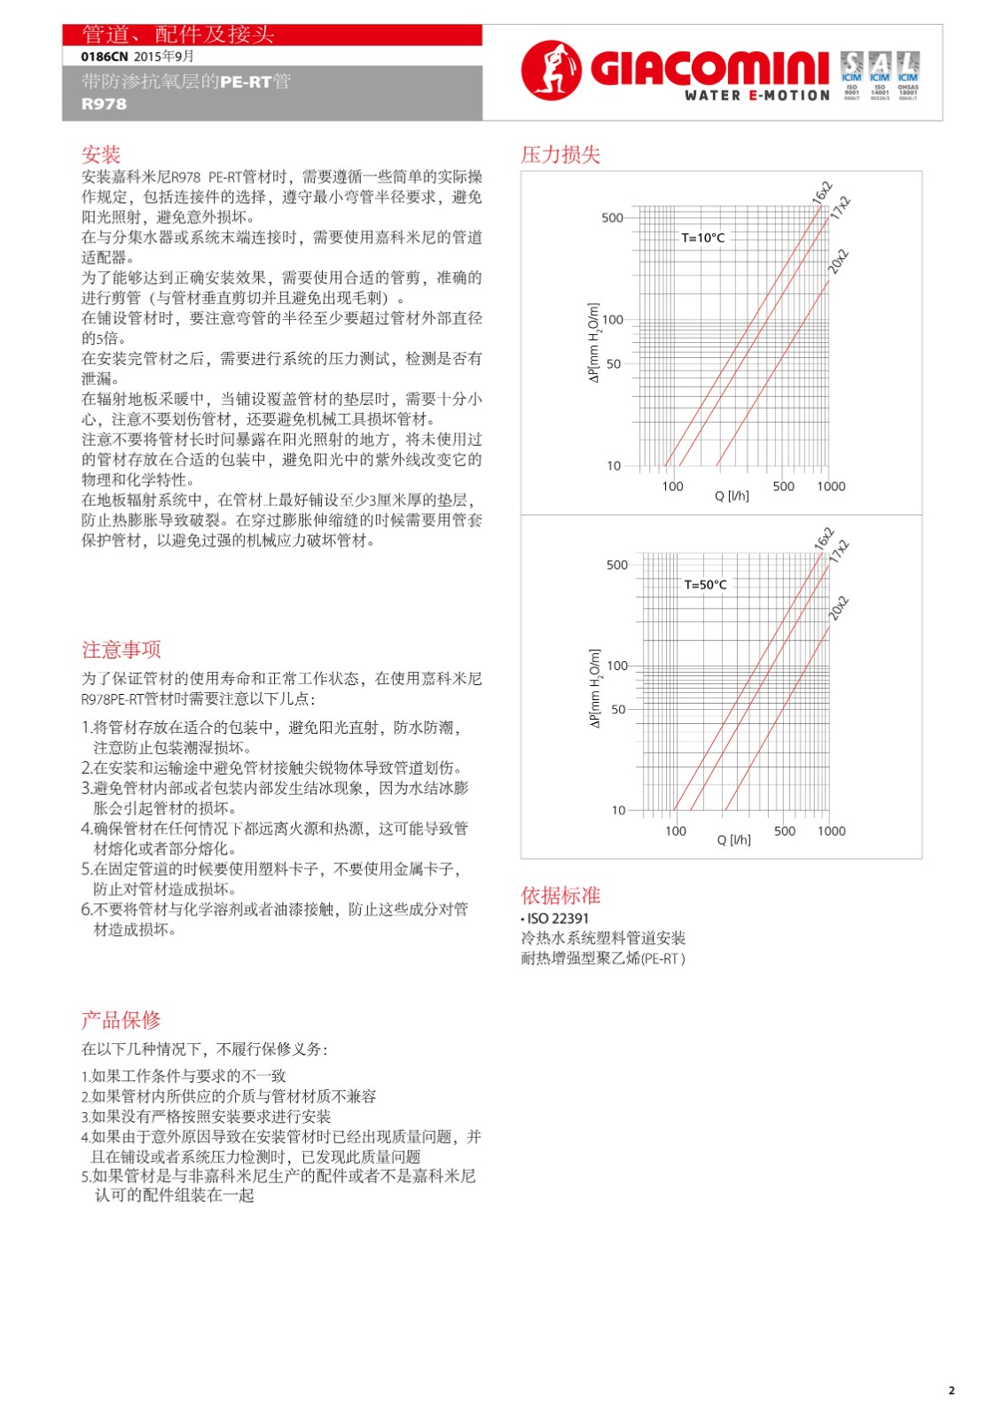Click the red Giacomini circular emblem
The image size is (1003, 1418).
(551, 70)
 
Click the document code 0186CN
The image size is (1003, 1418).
(104, 57)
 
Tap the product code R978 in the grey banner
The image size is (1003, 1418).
(104, 104)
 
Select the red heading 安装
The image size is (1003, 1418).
(100, 155)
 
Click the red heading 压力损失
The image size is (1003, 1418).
(560, 155)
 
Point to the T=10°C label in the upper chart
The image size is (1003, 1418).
(702, 238)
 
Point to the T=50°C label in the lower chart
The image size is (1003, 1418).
(705, 585)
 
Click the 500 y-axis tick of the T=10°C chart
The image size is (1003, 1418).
(612, 218)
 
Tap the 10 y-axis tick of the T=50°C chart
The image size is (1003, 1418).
(618, 810)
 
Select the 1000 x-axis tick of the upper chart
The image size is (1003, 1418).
(831, 487)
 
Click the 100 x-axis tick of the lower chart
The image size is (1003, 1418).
(676, 831)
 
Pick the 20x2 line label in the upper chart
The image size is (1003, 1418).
(838, 262)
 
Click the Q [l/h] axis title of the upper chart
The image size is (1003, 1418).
(732, 496)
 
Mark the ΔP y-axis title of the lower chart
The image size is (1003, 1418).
(595, 689)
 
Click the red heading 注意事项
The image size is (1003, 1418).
(121, 651)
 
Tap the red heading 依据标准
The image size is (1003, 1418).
(560, 895)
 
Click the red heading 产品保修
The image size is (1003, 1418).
(121, 1020)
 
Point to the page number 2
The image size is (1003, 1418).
(952, 1390)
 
